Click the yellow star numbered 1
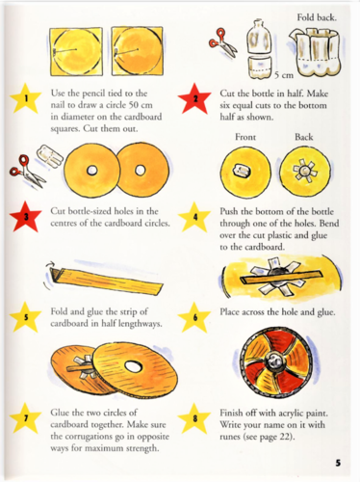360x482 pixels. pos(26,98)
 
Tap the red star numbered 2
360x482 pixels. pos(194,98)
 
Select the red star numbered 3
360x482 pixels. pos(26,216)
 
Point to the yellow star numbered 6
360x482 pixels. pos(194,317)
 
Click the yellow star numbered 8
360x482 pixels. pos(194,418)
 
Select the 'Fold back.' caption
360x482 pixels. pos(317,17)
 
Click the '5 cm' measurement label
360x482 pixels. pos(284,75)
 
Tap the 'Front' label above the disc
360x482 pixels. pos(245,137)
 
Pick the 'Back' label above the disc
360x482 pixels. pos(304,137)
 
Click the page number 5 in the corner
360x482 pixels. pos(338,463)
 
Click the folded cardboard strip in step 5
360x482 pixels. pos(105,277)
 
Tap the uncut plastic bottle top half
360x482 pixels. pos(259,36)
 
